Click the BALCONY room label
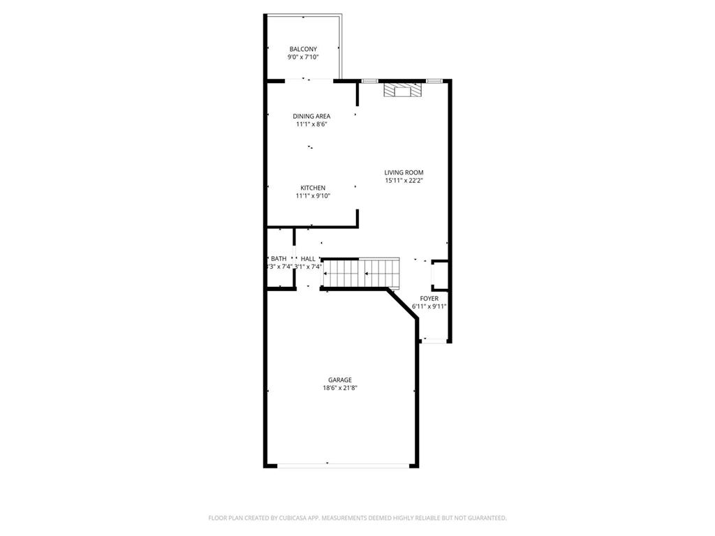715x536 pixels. coord(303,49)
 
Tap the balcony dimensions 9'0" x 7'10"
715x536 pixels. coord(303,57)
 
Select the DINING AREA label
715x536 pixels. coord(311,116)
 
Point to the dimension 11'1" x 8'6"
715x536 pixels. coord(311,124)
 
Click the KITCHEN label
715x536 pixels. coord(313,188)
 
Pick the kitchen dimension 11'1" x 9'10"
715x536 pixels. coord(313,196)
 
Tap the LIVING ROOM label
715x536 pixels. coord(404,172)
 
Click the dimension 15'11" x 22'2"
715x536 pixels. coord(404,181)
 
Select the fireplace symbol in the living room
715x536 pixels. coord(402,91)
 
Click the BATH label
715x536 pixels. coord(279,258)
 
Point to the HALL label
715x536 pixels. coord(308,258)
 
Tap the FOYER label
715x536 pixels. coord(429,298)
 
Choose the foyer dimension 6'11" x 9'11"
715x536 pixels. coord(429,306)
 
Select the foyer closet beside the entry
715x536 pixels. coord(440,274)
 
